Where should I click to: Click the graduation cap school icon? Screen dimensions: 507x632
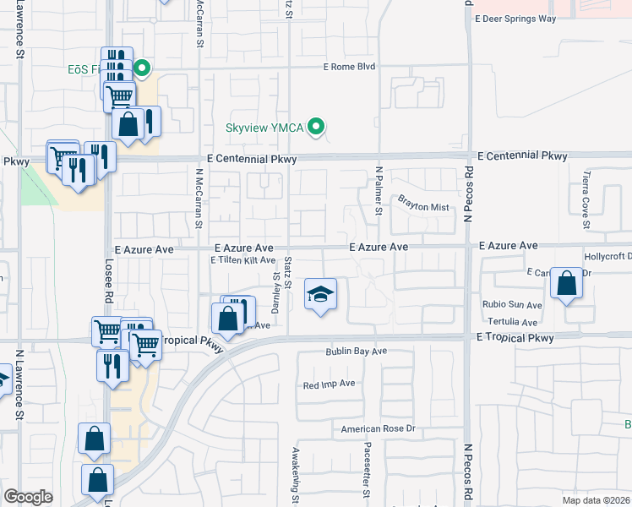point(319,294)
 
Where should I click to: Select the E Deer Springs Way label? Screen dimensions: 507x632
point(515,18)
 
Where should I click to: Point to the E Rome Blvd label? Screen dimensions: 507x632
point(349,67)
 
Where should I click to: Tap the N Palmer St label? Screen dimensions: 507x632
point(379,190)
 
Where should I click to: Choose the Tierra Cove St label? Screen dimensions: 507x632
point(586,201)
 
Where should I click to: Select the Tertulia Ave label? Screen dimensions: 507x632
point(512,322)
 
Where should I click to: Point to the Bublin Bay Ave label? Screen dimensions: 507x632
point(357,351)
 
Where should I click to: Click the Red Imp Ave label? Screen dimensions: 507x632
point(330,384)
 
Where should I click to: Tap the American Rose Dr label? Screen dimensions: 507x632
point(379,429)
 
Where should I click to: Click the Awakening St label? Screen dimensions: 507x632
point(296,473)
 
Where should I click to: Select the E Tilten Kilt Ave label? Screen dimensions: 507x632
point(243,260)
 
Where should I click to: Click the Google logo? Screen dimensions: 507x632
point(29,496)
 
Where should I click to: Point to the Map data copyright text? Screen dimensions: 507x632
point(596,500)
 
